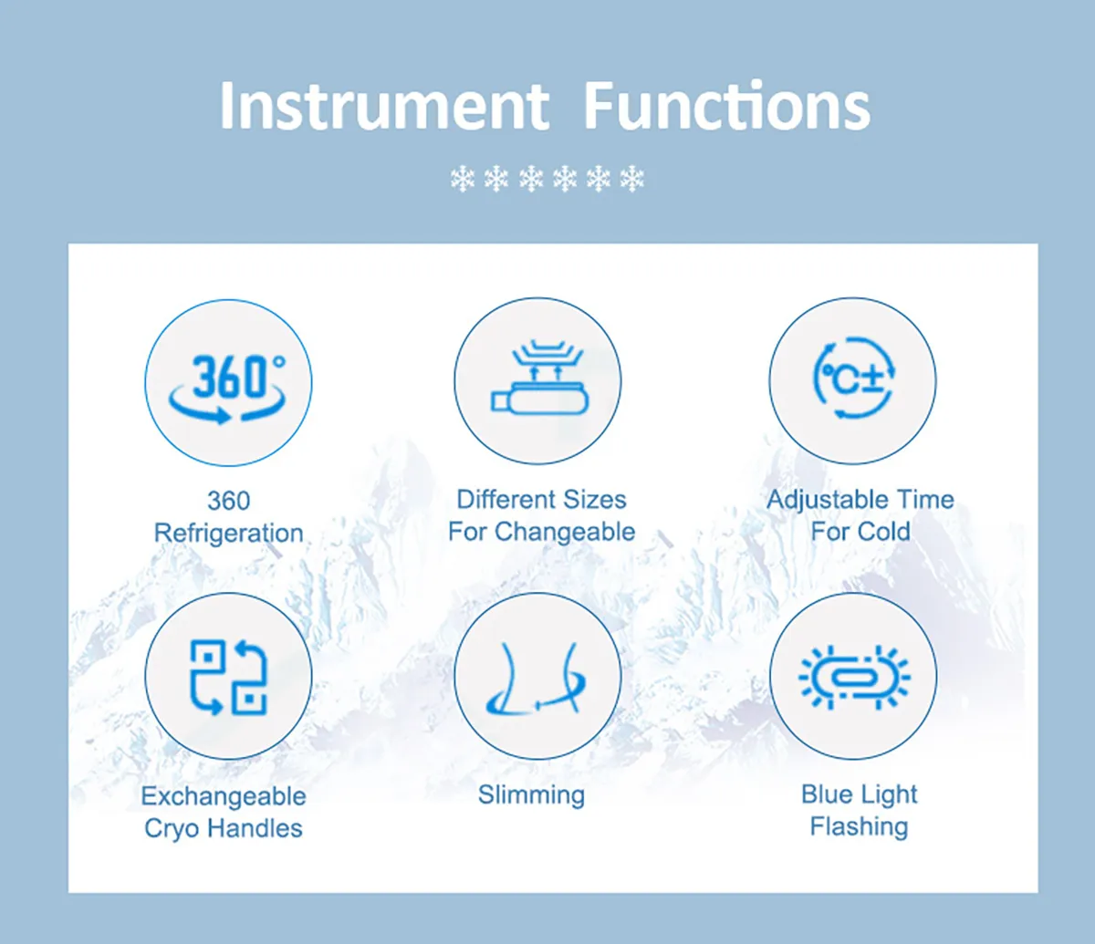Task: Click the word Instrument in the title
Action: (x=384, y=106)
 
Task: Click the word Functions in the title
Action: (x=726, y=106)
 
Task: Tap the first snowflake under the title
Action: (x=463, y=180)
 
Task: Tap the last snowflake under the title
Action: (x=631, y=180)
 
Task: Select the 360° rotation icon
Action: (x=228, y=382)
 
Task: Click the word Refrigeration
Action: (x=228, y=533)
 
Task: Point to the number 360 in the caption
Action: (x=228, y=501)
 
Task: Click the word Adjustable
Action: (x=825, y=500)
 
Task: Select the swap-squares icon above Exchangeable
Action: (x=228, y=676)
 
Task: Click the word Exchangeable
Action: (x=224, y=796)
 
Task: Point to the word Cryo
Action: (x=173, y=828)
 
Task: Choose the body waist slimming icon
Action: (x=537, y=676)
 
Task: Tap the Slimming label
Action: (x=531, y=795)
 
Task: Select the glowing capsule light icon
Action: (x=853, y=676)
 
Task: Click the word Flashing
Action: (x=859, y=827)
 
